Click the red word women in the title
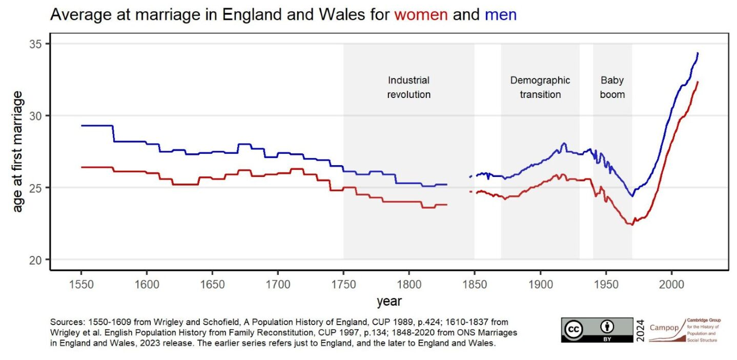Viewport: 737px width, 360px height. click(421, 15)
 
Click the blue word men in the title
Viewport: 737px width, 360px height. click(500, 15)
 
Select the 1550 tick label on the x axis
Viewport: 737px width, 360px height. click(81, 284)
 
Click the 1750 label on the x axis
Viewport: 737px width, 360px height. click(343, 284)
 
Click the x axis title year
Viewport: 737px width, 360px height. click(389, 301)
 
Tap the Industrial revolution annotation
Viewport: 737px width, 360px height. click(408, 87)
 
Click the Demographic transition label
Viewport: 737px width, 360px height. click(540, 87)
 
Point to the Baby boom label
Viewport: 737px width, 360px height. click(612, 87)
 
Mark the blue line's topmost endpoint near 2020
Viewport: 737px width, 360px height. click(698, 53)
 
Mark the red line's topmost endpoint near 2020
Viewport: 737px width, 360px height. click(698, 82)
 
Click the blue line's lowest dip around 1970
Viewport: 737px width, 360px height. click(632, 196)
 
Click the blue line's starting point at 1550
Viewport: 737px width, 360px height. click(81, 126)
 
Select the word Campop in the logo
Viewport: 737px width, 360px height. click(664, 328)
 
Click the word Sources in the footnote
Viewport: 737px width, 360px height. click(65, 322)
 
